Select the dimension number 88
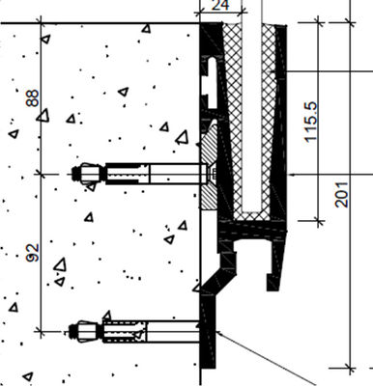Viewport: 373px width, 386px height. click(32, 98)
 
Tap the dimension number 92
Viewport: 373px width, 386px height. click(32, 254)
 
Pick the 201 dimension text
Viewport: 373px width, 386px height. click(341, 197)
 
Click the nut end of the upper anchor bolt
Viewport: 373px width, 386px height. click(82, 174)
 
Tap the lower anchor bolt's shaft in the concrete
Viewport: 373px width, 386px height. click(145, 332)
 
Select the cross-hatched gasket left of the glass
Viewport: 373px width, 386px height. click(232, 116)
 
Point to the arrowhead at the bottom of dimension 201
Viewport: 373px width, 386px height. click(347, 367)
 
